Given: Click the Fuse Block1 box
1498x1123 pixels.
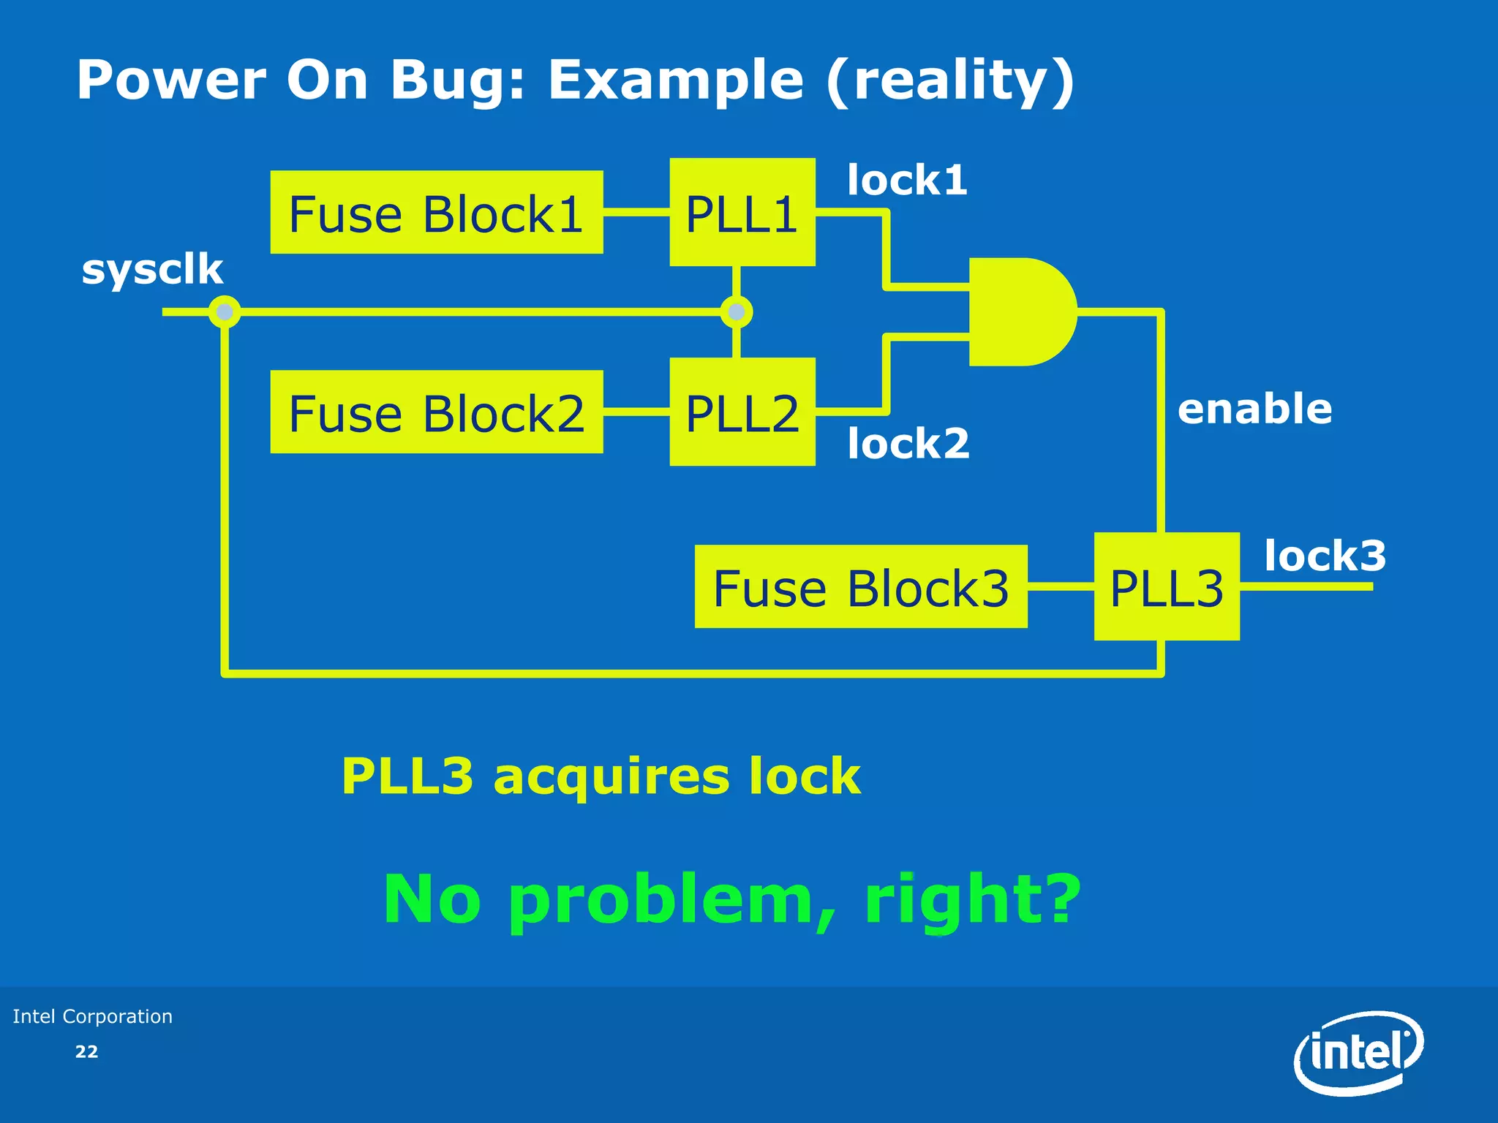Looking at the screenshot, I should [436, 213].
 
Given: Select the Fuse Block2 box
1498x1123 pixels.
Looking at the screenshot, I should [436, 412].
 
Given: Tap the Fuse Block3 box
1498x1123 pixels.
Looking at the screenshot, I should [860, 586].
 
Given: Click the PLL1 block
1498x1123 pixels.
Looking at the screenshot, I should [742, 213].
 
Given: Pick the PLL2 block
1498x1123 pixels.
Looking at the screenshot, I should [742, 412].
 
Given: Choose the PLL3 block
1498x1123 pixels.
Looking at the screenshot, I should [1166, 586].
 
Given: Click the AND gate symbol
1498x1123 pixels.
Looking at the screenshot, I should [1020, 311].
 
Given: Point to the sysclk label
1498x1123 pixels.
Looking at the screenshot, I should [152, 269].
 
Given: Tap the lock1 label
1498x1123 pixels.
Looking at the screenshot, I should [907, 180].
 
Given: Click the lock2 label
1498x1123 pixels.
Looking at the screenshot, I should [908, 443].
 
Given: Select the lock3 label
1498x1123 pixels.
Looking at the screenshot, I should [1325, 556].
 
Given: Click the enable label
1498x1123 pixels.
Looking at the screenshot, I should [1254, 408].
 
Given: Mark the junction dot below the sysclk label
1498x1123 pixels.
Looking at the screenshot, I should [225, 312].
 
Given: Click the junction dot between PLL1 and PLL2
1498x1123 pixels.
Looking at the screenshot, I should [737, 312].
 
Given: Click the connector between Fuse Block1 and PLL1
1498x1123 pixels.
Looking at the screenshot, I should [636, 213].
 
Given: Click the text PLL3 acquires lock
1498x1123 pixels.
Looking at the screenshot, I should [601, 776].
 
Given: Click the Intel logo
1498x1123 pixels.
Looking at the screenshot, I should [1359, 1053].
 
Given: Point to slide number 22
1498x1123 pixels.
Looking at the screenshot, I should [86, 1051].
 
